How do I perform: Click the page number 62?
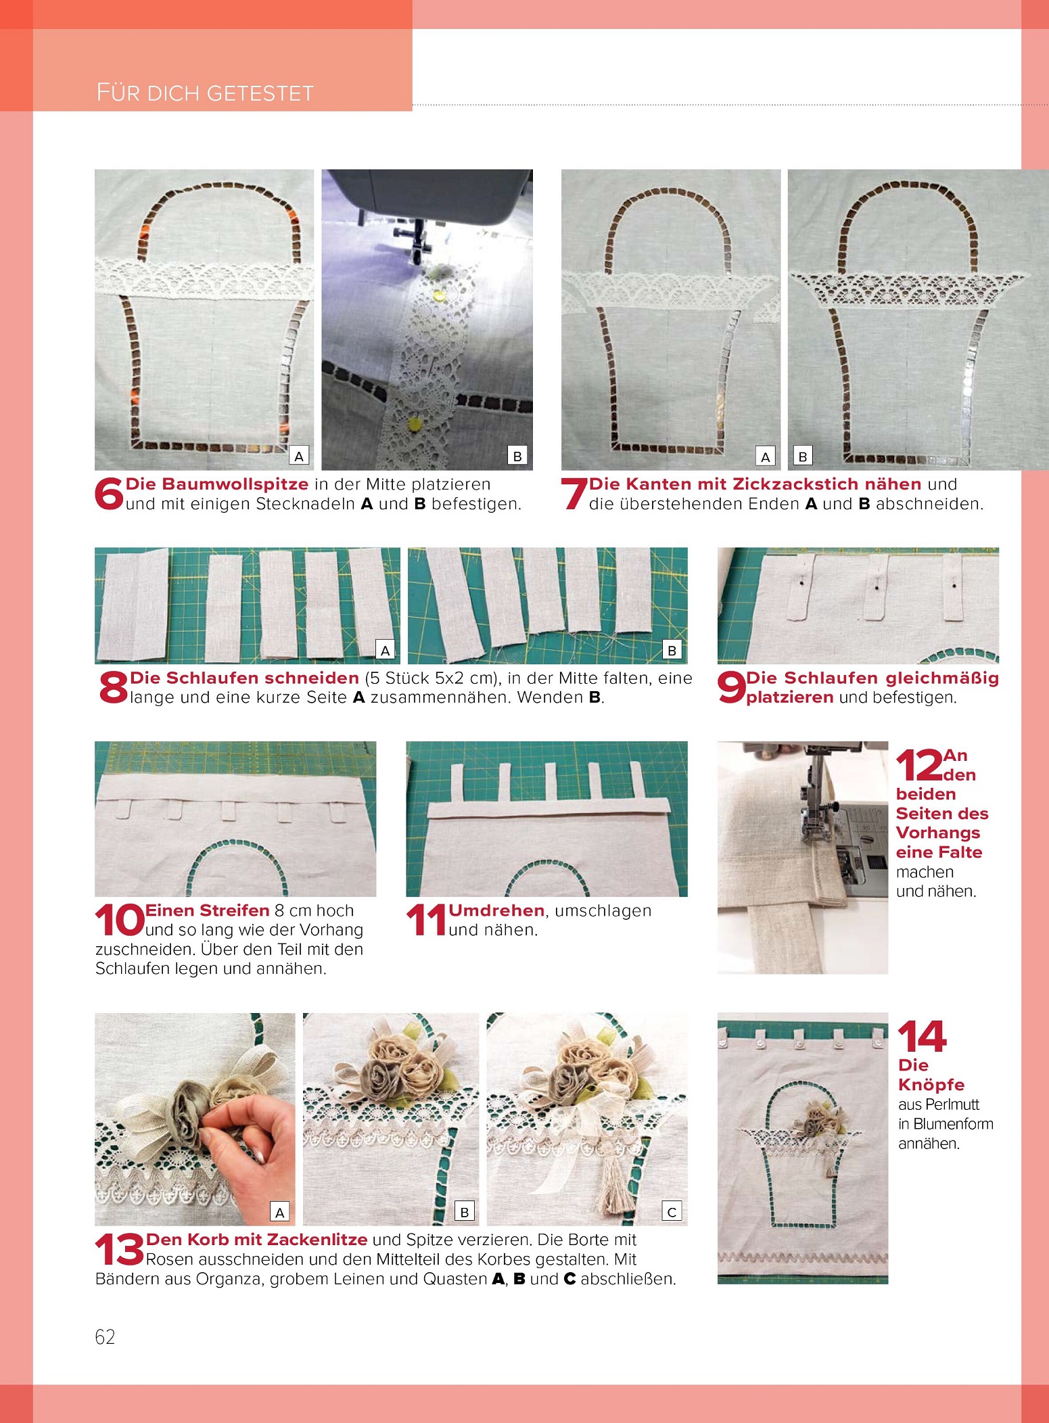click(105, 1337)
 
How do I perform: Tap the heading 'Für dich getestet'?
click(205, 93)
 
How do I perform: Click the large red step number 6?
click(109, 494)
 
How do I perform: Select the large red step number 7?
click(574, 494)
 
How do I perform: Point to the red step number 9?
click(731, 688)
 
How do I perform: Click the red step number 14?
click(922, 1037)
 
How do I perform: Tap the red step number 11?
click(426, 920)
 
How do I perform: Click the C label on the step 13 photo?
click(672, 1212)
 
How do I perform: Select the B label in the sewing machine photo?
click(517, 456)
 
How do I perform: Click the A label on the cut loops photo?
click(386, 651)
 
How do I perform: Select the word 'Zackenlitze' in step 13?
click(317, 1240)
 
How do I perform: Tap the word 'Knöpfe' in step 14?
click(931, 1085)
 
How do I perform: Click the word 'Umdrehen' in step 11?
click(496, 910)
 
